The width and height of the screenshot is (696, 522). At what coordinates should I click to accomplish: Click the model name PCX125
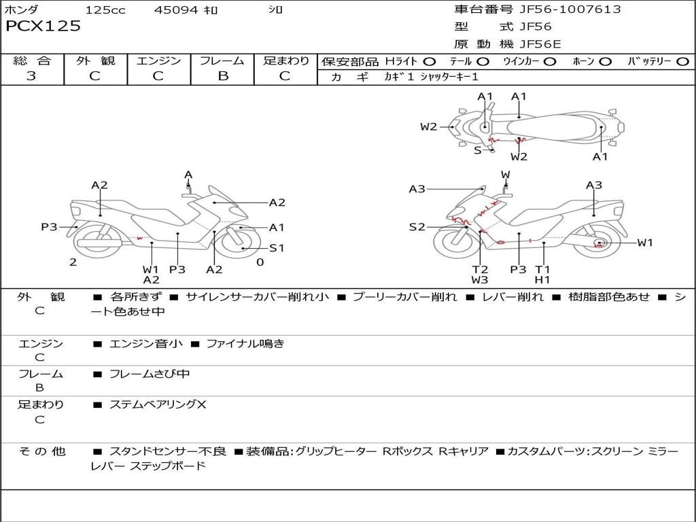point(43,27)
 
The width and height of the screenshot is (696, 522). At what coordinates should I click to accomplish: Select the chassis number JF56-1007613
point(560,10)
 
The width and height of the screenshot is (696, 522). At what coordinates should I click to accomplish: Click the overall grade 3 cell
point(31,76)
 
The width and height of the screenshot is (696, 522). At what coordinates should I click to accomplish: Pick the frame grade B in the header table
point(222,76)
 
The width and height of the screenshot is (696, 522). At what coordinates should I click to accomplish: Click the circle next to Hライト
point(429,61)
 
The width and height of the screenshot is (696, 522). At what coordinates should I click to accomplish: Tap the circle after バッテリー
point(682,61)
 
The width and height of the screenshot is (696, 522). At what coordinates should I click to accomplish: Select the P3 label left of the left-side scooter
point(49,227)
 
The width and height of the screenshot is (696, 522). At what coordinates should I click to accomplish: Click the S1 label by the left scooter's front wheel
point(277,248)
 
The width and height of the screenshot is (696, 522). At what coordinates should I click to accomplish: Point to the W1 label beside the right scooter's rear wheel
point(644,243)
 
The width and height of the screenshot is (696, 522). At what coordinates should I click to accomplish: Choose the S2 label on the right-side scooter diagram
point(417,227)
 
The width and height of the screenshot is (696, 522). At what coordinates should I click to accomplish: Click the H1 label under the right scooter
point(542,279)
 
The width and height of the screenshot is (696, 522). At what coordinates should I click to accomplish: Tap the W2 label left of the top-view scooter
point(428,126)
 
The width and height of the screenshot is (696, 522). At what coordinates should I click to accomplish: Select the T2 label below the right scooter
point(480,269)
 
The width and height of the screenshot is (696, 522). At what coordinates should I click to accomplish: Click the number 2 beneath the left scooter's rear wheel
point(73,262)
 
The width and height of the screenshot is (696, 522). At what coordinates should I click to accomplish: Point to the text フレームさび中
point(150,374)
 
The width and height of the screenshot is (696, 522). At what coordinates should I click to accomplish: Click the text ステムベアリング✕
point(158,404)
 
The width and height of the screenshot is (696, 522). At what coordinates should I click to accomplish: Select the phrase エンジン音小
point(145,344)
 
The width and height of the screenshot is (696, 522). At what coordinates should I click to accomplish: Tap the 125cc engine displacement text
point(105,10)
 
